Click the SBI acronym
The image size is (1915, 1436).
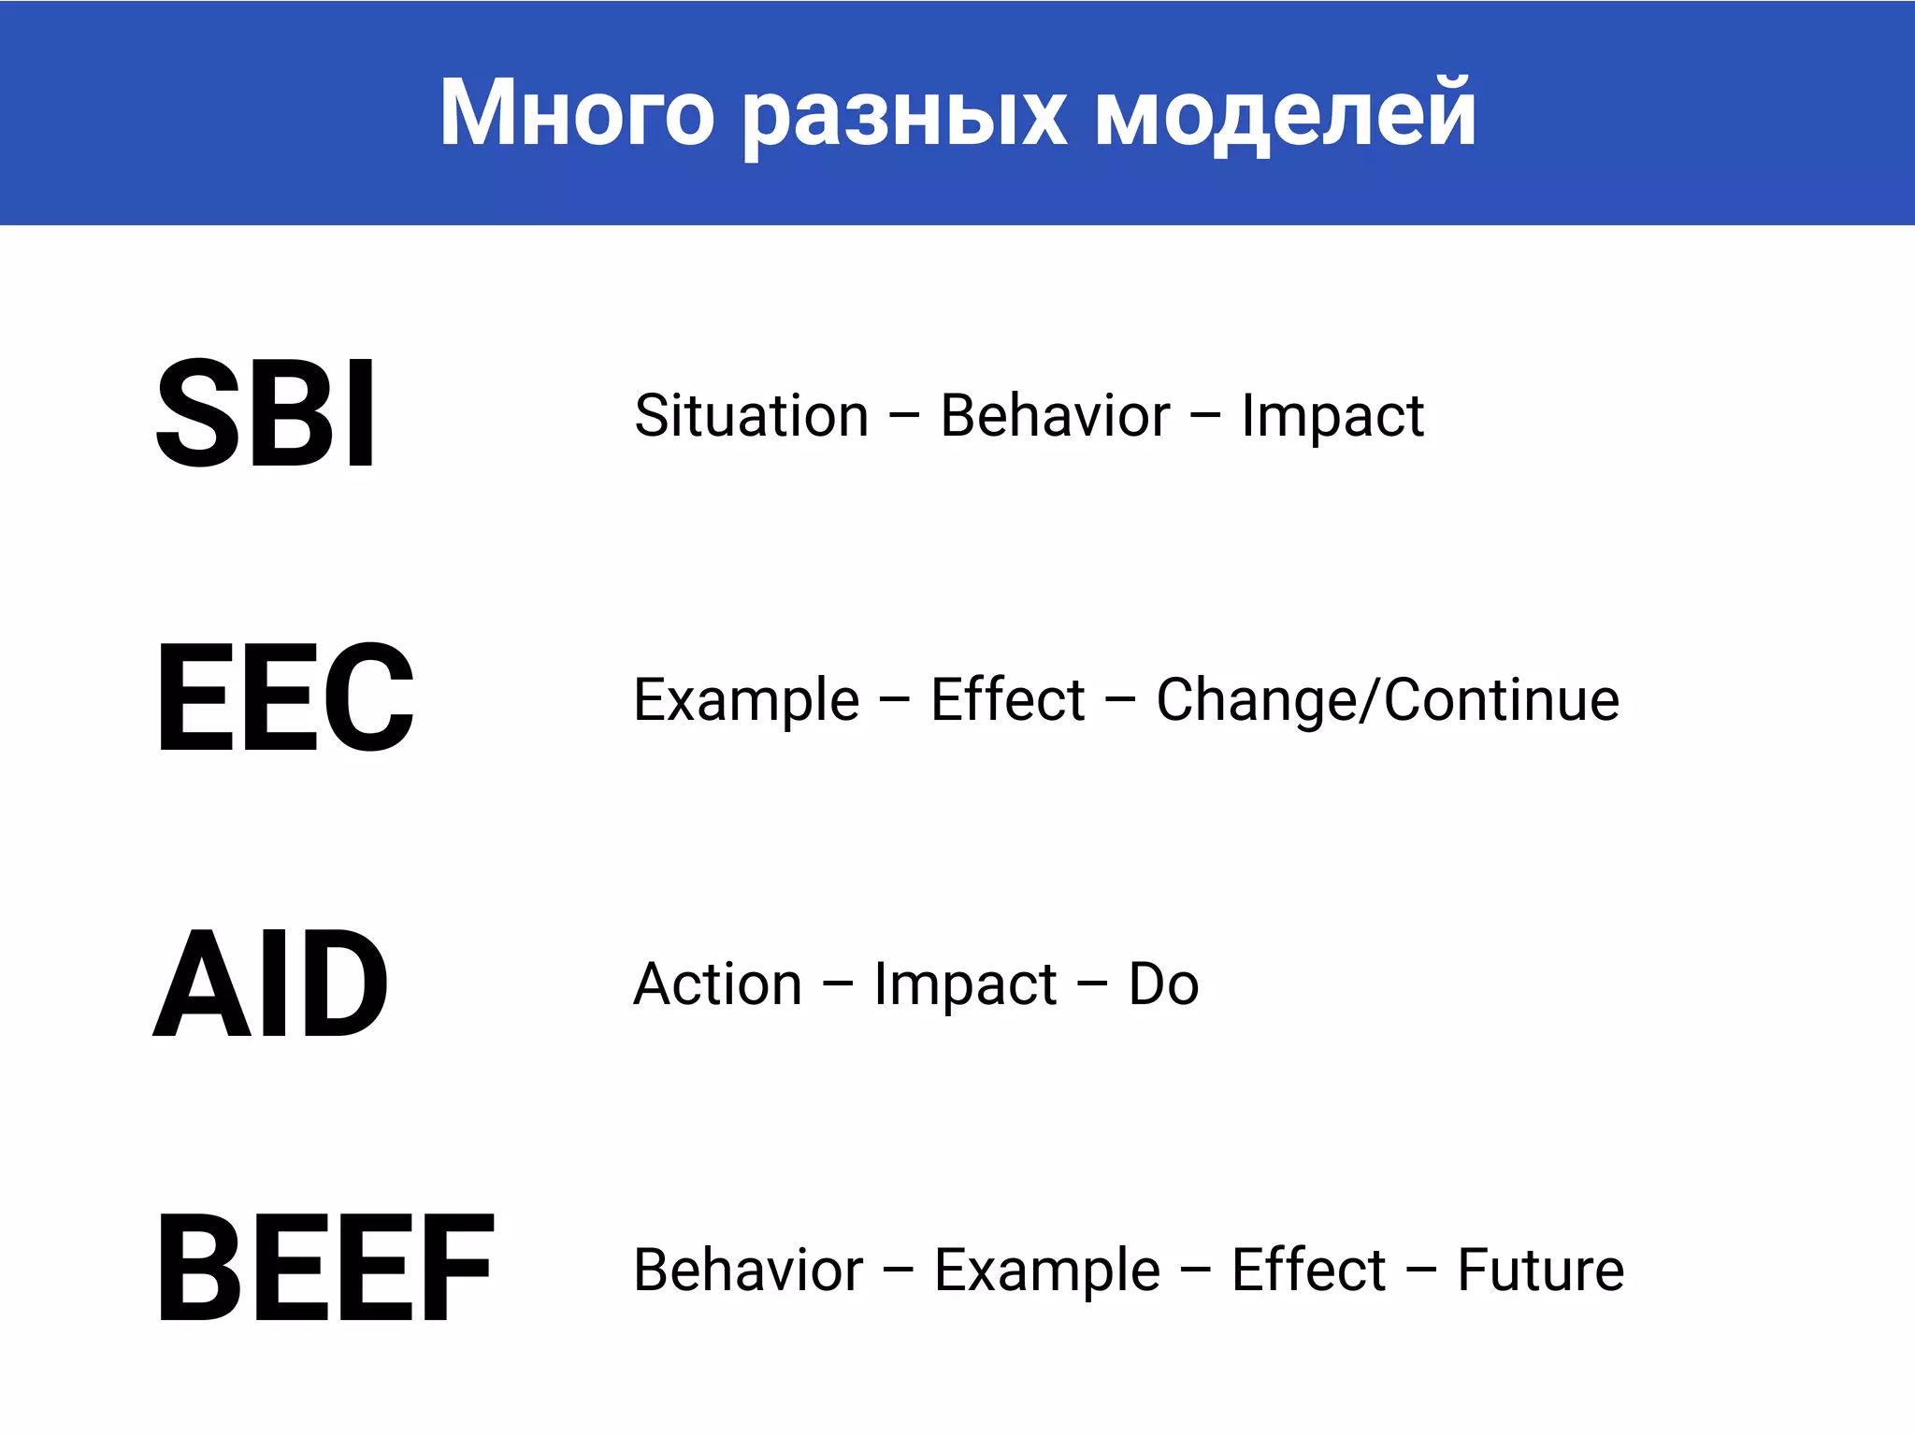tap(266, 413)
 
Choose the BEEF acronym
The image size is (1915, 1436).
tap(324, 1269)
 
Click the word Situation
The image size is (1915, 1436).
tap(752, 415)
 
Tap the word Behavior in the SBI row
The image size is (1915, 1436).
tap(1055, 415)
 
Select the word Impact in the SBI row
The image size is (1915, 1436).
tap(1332, 415)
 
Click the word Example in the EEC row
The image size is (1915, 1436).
tap(746, 700)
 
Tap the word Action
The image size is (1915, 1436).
tap(718, 984)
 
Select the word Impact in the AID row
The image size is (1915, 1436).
tap(965, 984)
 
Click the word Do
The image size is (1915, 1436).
tap(1163, 984)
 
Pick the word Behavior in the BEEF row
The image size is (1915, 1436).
tap(748, 1271)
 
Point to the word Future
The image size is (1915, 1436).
tap(1540, 1271)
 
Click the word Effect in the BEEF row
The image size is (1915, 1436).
tap(1308, 1271)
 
